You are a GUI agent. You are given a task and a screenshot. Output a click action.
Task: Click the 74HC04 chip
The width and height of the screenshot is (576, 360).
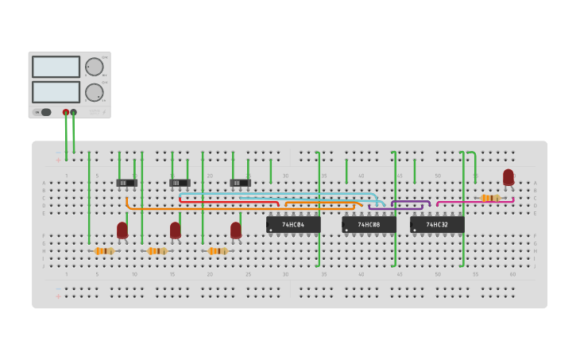pos(293,225)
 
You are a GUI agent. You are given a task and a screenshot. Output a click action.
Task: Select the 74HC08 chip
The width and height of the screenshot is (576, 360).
pos(369,225)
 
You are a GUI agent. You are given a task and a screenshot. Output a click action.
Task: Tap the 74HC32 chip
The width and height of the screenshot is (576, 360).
pos(437,225)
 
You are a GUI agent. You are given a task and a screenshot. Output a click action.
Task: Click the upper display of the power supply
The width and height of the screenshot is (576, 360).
pos(56,67)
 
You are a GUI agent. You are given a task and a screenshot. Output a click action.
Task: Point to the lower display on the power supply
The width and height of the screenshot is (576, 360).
pos(56,91)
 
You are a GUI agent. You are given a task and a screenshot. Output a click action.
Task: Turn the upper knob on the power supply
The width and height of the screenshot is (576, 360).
pos(94,67)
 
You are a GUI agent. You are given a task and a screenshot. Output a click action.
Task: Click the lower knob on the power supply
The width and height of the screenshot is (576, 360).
pos(94,92)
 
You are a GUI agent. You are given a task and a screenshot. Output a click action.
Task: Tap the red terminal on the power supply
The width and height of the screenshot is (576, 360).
pos(66,112)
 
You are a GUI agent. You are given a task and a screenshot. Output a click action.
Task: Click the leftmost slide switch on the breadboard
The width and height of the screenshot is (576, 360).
pos(126,183)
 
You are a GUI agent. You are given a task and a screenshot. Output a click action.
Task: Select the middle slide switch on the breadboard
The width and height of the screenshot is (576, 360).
pos(180,183)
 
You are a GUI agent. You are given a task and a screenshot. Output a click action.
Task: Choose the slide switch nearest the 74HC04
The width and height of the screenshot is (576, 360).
pos(240,183)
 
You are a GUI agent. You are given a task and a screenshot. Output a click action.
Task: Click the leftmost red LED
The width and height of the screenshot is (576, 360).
pos(122,230)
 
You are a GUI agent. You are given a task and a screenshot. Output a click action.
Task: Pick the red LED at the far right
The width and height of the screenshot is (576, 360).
pos(508,176)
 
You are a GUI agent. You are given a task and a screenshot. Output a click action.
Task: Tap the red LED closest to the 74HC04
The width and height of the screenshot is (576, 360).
pos(236,230)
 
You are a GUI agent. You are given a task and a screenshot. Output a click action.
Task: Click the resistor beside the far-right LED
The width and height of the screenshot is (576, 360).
pos(489,198)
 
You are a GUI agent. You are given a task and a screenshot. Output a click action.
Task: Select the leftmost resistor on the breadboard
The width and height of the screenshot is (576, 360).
pos(104,251)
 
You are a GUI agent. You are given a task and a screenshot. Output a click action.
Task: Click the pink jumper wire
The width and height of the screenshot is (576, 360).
pos(475,202)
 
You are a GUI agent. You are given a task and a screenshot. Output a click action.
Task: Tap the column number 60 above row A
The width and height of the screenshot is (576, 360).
pos(512,176)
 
